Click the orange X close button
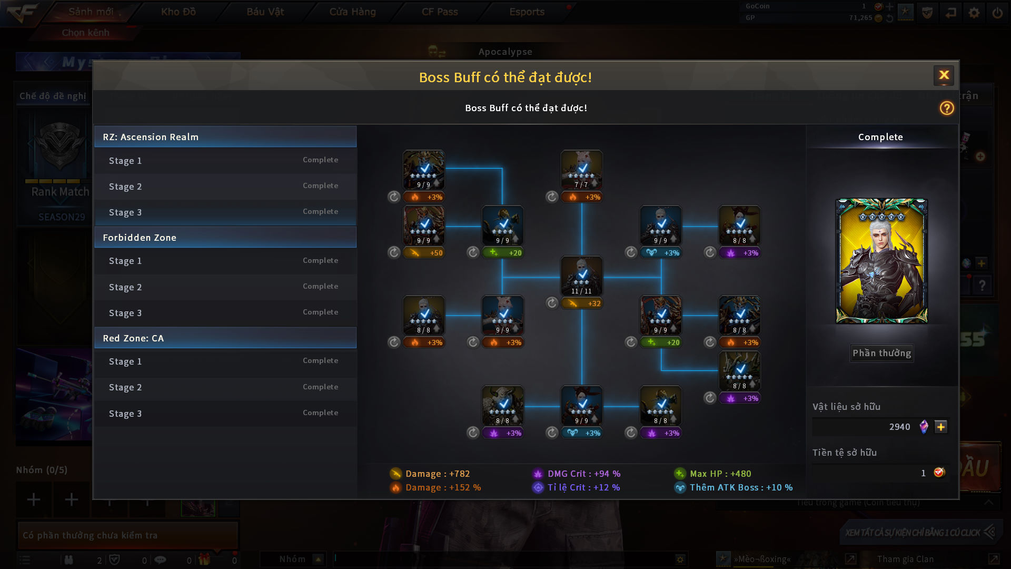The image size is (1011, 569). [x=944, y=75]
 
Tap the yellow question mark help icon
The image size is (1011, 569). [x=946, y=108]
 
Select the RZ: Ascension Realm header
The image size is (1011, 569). [x=225, y=137]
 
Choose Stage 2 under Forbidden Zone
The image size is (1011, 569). [x=225, y=287]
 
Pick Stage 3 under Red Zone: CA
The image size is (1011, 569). [x=225, y=414]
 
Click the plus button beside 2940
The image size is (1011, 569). [x=940, y=427]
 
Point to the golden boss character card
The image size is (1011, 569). [x=881, y=261]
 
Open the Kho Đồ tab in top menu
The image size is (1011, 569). [x=178, y=12]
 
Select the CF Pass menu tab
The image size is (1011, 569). [x=440, y=12]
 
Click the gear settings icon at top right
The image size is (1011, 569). [x=974, y=13]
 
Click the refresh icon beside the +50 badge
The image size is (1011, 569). [x=394, y=253]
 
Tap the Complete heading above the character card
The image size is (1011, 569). [x=880, y=137]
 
